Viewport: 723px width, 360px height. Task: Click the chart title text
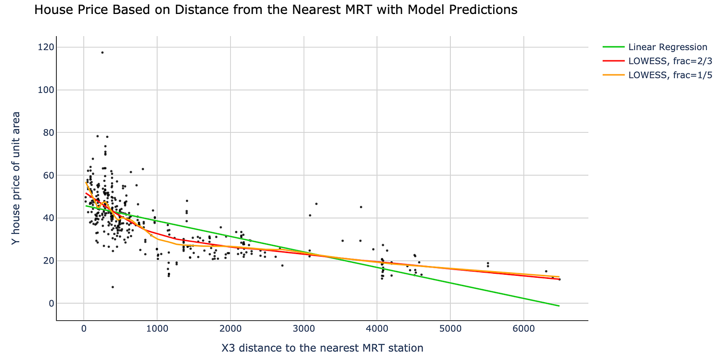(275, 10)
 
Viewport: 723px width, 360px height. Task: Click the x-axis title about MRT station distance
(322, 348)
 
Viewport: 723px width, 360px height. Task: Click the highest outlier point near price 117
(102, 52)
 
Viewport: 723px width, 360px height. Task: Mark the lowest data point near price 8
(113, 287)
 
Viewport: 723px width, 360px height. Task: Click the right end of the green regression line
(559, 306)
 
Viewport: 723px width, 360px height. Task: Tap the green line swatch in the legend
(613, 47)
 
